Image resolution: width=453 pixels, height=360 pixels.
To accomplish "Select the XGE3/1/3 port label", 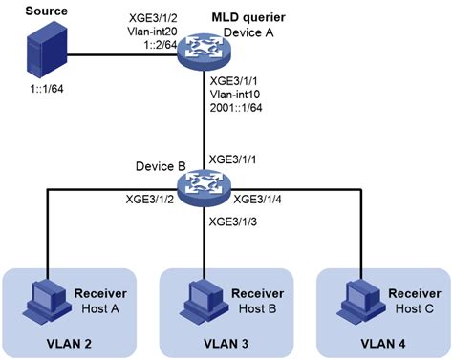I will [234, 222].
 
